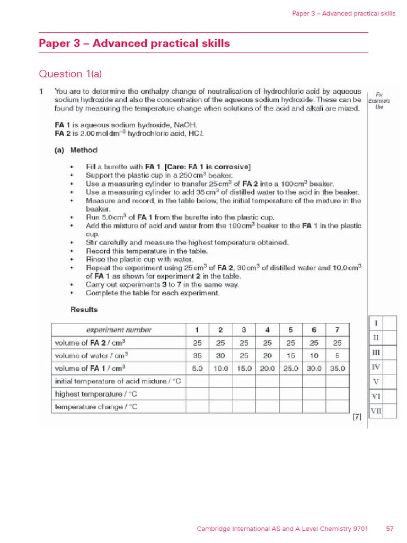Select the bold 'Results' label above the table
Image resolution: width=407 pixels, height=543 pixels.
pos(84,309)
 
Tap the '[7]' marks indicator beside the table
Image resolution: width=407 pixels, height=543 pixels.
pos(357,417)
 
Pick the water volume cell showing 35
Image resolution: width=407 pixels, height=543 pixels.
pos(197,355)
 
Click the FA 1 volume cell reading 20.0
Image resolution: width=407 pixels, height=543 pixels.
pos(268,368)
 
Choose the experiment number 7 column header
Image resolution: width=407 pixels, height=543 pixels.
pos(338,329)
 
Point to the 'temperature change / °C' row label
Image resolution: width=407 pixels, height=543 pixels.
pos(96,407)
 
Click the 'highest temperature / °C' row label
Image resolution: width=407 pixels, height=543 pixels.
pos(96,394)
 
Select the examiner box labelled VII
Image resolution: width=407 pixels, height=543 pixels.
pos(376,410)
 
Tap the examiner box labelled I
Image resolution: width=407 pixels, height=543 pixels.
pos(376,322)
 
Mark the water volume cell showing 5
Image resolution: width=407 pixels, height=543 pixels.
pos(338,355)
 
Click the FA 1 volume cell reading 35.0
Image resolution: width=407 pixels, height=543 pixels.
pos(338,368)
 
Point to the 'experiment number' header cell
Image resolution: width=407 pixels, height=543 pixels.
pos(119,329)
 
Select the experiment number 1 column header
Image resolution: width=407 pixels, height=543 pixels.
pos(197,329)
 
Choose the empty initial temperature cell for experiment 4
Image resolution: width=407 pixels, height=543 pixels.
pos(268,381)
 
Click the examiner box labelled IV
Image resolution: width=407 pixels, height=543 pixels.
pos(376,366)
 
